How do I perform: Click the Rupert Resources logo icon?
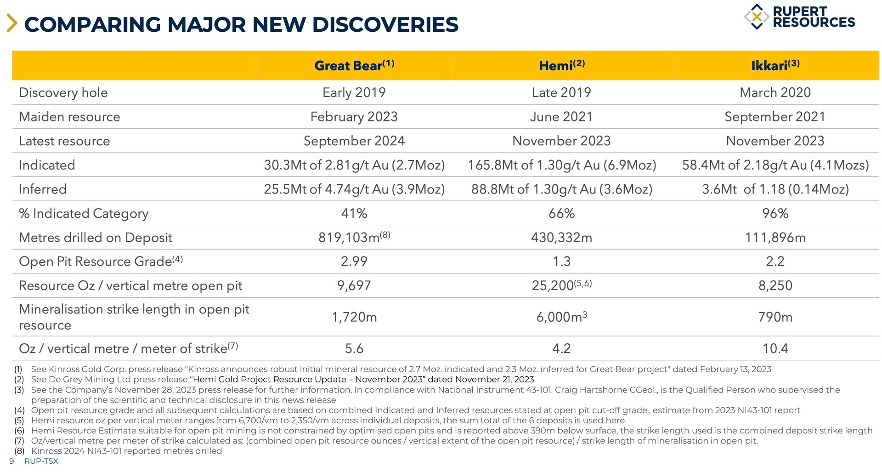pyautogui.click(x=756, y=17)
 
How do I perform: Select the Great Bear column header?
pyautogui.click(x=354, y=65)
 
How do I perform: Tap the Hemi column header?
pyautogui.click(x=561, y=65)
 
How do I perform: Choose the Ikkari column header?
pyautogui.click(x=775, y=65)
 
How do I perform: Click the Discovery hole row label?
pyautogui.click(x=63, y=92)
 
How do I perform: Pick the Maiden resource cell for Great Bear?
pyautogui.click(x=354, y=117)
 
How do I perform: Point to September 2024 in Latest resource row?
pyautogui.click(x=354, y=141)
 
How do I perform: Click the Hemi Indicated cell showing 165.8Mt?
pyautogui.click(x=561, y=165)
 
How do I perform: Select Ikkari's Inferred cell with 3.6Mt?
pyautogui.click(x=775, y=189)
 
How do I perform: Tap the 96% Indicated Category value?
pyautogui.click(x=775, y=213)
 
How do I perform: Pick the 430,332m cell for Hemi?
pyautogui.click(x=561, y=238)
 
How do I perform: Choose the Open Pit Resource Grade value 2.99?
pyautogui.click(x=354, y=262)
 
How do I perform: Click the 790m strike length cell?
pyautogui.click(x=775, y=317)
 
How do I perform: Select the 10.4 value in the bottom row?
pyautogui.click(x=775, y=348)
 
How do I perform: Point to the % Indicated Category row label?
pyautogui.click(x=84, y=213)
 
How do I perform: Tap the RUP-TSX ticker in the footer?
pyautogui.click(x=41, y=461)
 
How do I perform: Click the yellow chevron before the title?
pyautogui.click(x=12, y=23)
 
